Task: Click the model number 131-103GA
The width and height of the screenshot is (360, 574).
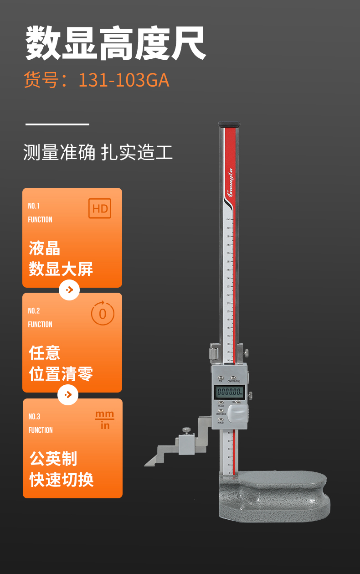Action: point(123,80)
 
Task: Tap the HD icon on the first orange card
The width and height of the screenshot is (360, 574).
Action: point(100,209)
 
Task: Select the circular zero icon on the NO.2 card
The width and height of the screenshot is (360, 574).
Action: point(103,314)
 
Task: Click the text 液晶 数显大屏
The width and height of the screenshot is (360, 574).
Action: point(61,259)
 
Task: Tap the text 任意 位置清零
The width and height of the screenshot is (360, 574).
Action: point(61,364)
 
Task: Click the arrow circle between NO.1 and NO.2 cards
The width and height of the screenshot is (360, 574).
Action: point(69,290)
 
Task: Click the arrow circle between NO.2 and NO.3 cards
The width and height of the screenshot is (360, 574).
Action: point(68,395)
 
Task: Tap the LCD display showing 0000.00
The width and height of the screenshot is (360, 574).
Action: point(230,391)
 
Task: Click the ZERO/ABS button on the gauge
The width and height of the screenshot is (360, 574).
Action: point(221,410)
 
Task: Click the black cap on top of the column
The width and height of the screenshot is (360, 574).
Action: point(229,124)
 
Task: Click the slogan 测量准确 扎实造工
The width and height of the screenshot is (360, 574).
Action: point(98,152)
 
